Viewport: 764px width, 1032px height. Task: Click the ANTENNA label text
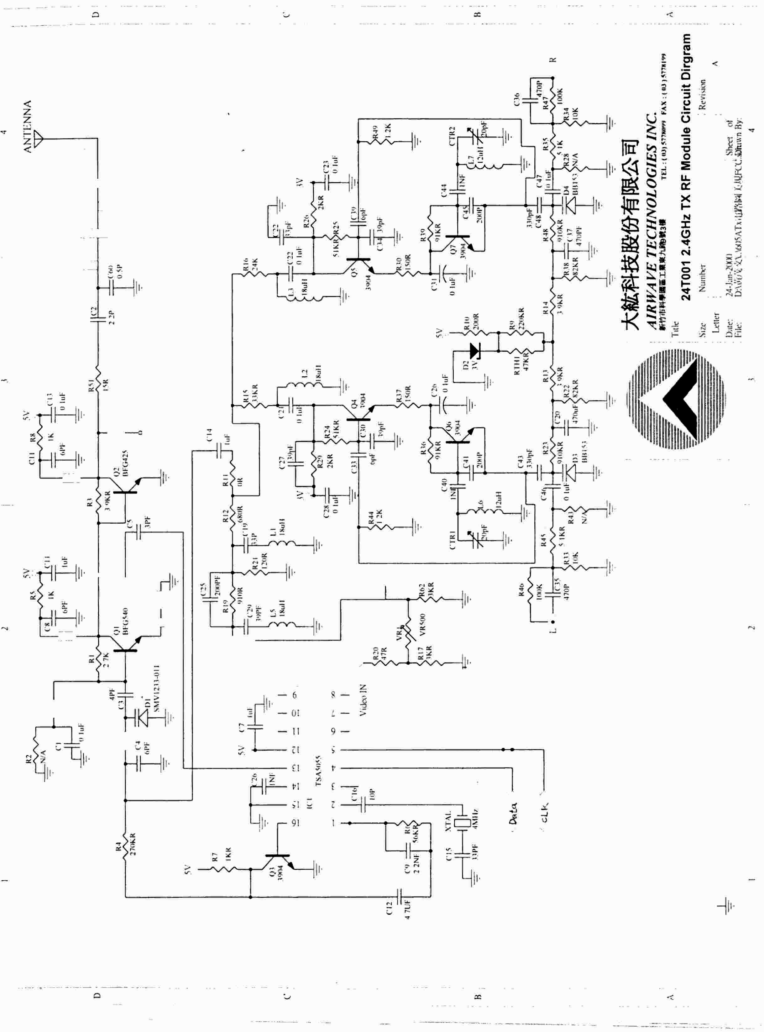point(28,126)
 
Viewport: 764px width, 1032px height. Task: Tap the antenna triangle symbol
point(39,138)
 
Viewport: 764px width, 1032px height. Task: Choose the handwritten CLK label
point(544,812)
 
